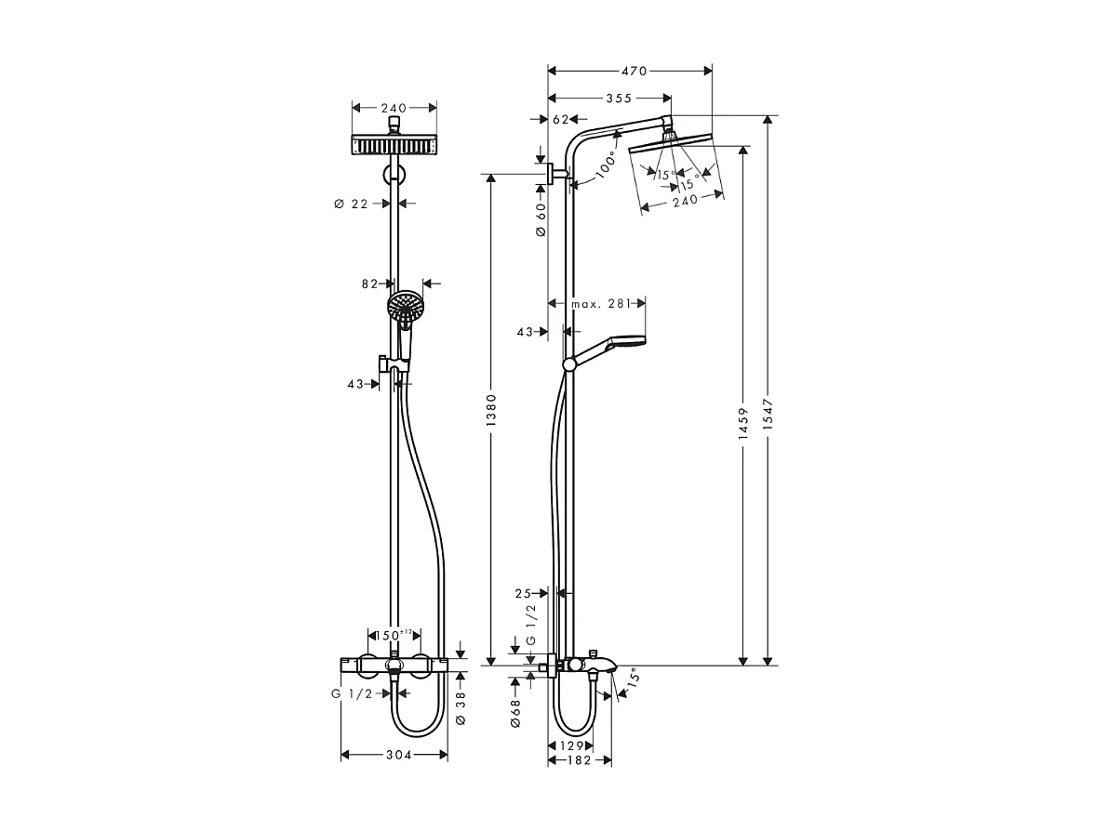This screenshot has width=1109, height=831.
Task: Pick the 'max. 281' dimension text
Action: [600, 303]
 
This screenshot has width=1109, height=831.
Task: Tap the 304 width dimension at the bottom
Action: [397, 755]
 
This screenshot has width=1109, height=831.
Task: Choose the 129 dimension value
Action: [572, 745]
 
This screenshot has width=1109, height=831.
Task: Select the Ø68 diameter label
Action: [514, 712]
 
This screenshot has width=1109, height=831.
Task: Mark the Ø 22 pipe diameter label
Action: [352, 204]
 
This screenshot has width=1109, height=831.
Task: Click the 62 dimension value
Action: [561, 120]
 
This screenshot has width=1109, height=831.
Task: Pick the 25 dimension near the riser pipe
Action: [522, 592]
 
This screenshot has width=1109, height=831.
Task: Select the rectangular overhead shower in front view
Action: [394, 145]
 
